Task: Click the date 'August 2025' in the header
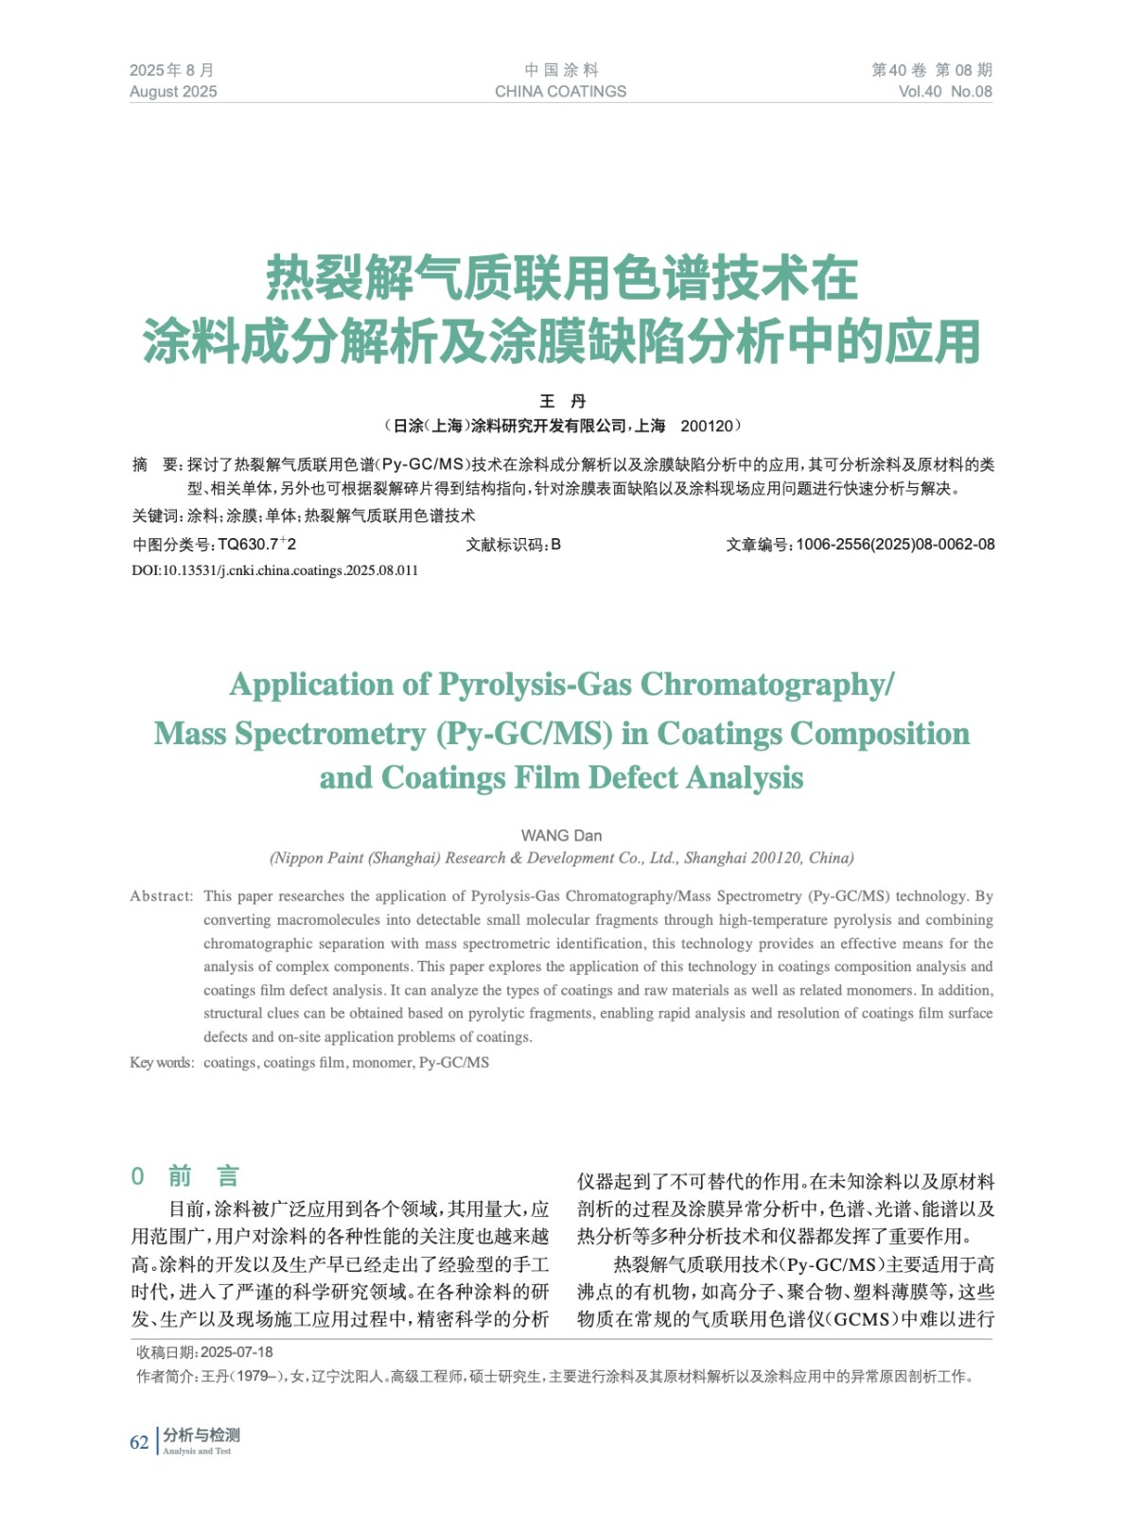tap(173, 92)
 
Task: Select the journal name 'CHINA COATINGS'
tap(560, 92)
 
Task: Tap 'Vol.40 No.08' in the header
tap(944, 92)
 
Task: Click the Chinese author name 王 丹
tap(563, 401)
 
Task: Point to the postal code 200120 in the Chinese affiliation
tap(706, 426)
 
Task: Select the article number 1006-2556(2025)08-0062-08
tap(895, 544)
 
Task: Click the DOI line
tap(274, 570)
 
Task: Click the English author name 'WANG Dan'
tap(561, 835)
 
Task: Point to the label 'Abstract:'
tap(162, 896)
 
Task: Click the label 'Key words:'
tap(162, 1063)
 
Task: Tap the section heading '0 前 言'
tap(184, 1176)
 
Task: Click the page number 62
tap(139, 1442)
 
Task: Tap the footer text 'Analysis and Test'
tap(197, 1452)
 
